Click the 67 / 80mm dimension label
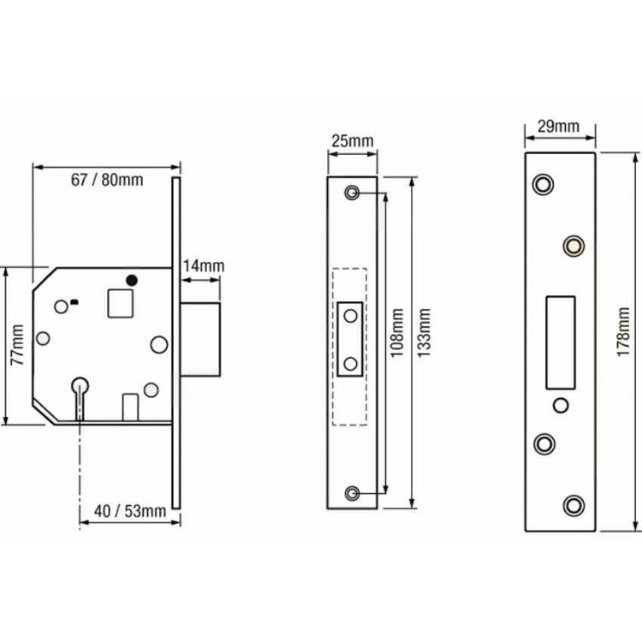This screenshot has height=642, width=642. click(107, 180)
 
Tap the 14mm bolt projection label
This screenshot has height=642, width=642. click(204, 266)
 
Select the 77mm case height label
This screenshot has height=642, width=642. click(18, 345)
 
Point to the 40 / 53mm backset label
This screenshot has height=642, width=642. click(130, 511)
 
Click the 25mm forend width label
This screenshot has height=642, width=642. click(353, 141)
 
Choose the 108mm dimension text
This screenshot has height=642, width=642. click(397, 333)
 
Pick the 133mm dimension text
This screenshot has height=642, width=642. click(425, 333)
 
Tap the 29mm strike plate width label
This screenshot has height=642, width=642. click(559, 127)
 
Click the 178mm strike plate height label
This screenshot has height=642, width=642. click(623, 331)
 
